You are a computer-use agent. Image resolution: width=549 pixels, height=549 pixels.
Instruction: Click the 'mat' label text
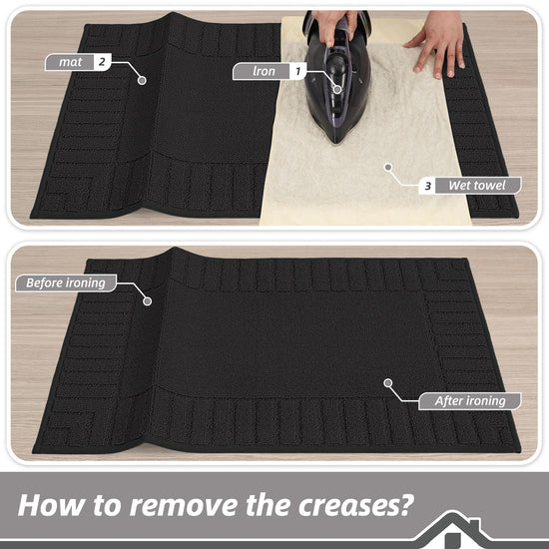(x=71, y=62)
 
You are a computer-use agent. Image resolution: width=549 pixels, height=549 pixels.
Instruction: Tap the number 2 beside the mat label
(x=102, y=62)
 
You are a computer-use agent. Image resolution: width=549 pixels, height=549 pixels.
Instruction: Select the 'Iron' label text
(x=264, y=72)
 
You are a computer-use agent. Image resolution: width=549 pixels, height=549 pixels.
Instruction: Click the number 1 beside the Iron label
(x=298, y=72)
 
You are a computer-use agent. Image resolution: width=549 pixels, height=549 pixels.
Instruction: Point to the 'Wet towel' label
(x=477, y=186)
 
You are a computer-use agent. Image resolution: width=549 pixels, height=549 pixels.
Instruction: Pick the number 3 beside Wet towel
(x=427, y=186)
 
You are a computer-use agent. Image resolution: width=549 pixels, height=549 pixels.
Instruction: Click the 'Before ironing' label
(x=66, y=282)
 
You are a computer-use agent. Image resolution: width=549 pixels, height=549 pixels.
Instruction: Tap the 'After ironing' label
(x=470, y=401)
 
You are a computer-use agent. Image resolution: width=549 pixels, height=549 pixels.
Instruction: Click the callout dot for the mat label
(x=142, y=80)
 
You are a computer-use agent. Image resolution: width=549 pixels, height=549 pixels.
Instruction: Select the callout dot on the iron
(x=337, y=90)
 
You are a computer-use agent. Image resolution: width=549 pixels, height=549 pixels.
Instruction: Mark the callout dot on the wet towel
(x=387, y=168)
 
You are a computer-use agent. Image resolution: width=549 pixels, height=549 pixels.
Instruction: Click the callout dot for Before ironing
(x=148, y=301)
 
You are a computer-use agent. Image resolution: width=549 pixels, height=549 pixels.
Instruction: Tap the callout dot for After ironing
(x=387, y=383)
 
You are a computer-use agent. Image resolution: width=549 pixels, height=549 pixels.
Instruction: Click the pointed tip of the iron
(x=335, y=142)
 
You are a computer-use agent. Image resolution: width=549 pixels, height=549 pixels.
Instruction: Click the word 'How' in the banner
(x=51, y=506)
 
